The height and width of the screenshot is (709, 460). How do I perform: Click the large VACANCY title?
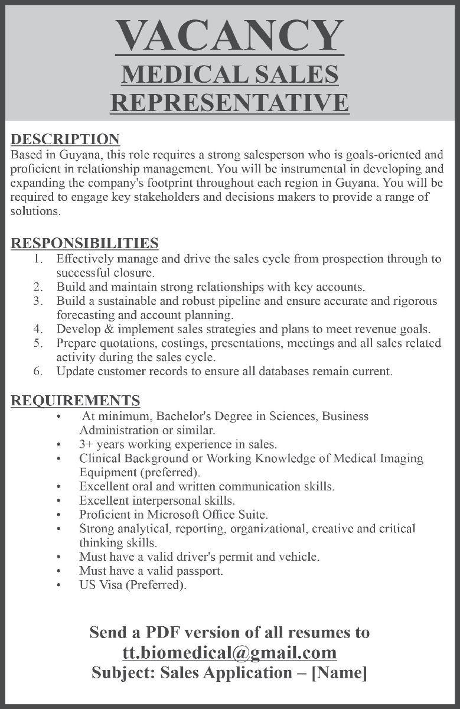pyautogui.click(x=230, y=36)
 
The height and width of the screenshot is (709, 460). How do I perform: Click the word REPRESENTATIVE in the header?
pyautogui.click(x=230, y=102)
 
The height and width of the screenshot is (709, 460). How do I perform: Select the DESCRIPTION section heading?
pyautogui.click(x=66, y=139)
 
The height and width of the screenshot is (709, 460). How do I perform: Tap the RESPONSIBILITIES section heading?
pyautogui.click(x=84, y=243)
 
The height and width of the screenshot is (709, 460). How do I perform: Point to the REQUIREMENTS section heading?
pyautogui.click(x=76, y=401)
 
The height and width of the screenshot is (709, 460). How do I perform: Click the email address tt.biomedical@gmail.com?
pyautogui.click(x=230, y=652)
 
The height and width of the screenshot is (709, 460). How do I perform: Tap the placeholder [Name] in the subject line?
pyautogui.click(x=339, y=672)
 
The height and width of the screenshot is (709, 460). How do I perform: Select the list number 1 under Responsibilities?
pyautogui.click(x=38, y=259)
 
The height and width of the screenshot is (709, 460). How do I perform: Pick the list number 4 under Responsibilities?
pyautogui.click(x=38, y=329)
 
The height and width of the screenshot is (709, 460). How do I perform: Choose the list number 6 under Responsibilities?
pyautogui.click(x=38, y=372)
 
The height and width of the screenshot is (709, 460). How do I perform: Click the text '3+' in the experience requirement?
pyautogui.click(x=86, y=443)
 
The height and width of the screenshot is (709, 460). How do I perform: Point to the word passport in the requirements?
pyautogui.click(x=201, y=571)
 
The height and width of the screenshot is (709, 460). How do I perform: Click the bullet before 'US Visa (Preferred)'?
pyautogui.click(x=59, y=586)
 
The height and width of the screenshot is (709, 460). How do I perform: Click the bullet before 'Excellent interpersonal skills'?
pyautogui.click(x=59, y=500)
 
